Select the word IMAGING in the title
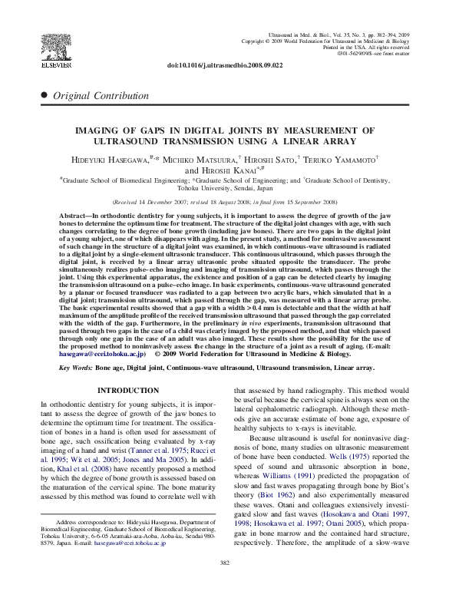click(x=119, y=131)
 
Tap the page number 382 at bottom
click(x=224, y=586)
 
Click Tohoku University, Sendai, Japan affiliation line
click(x=224, y=187)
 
